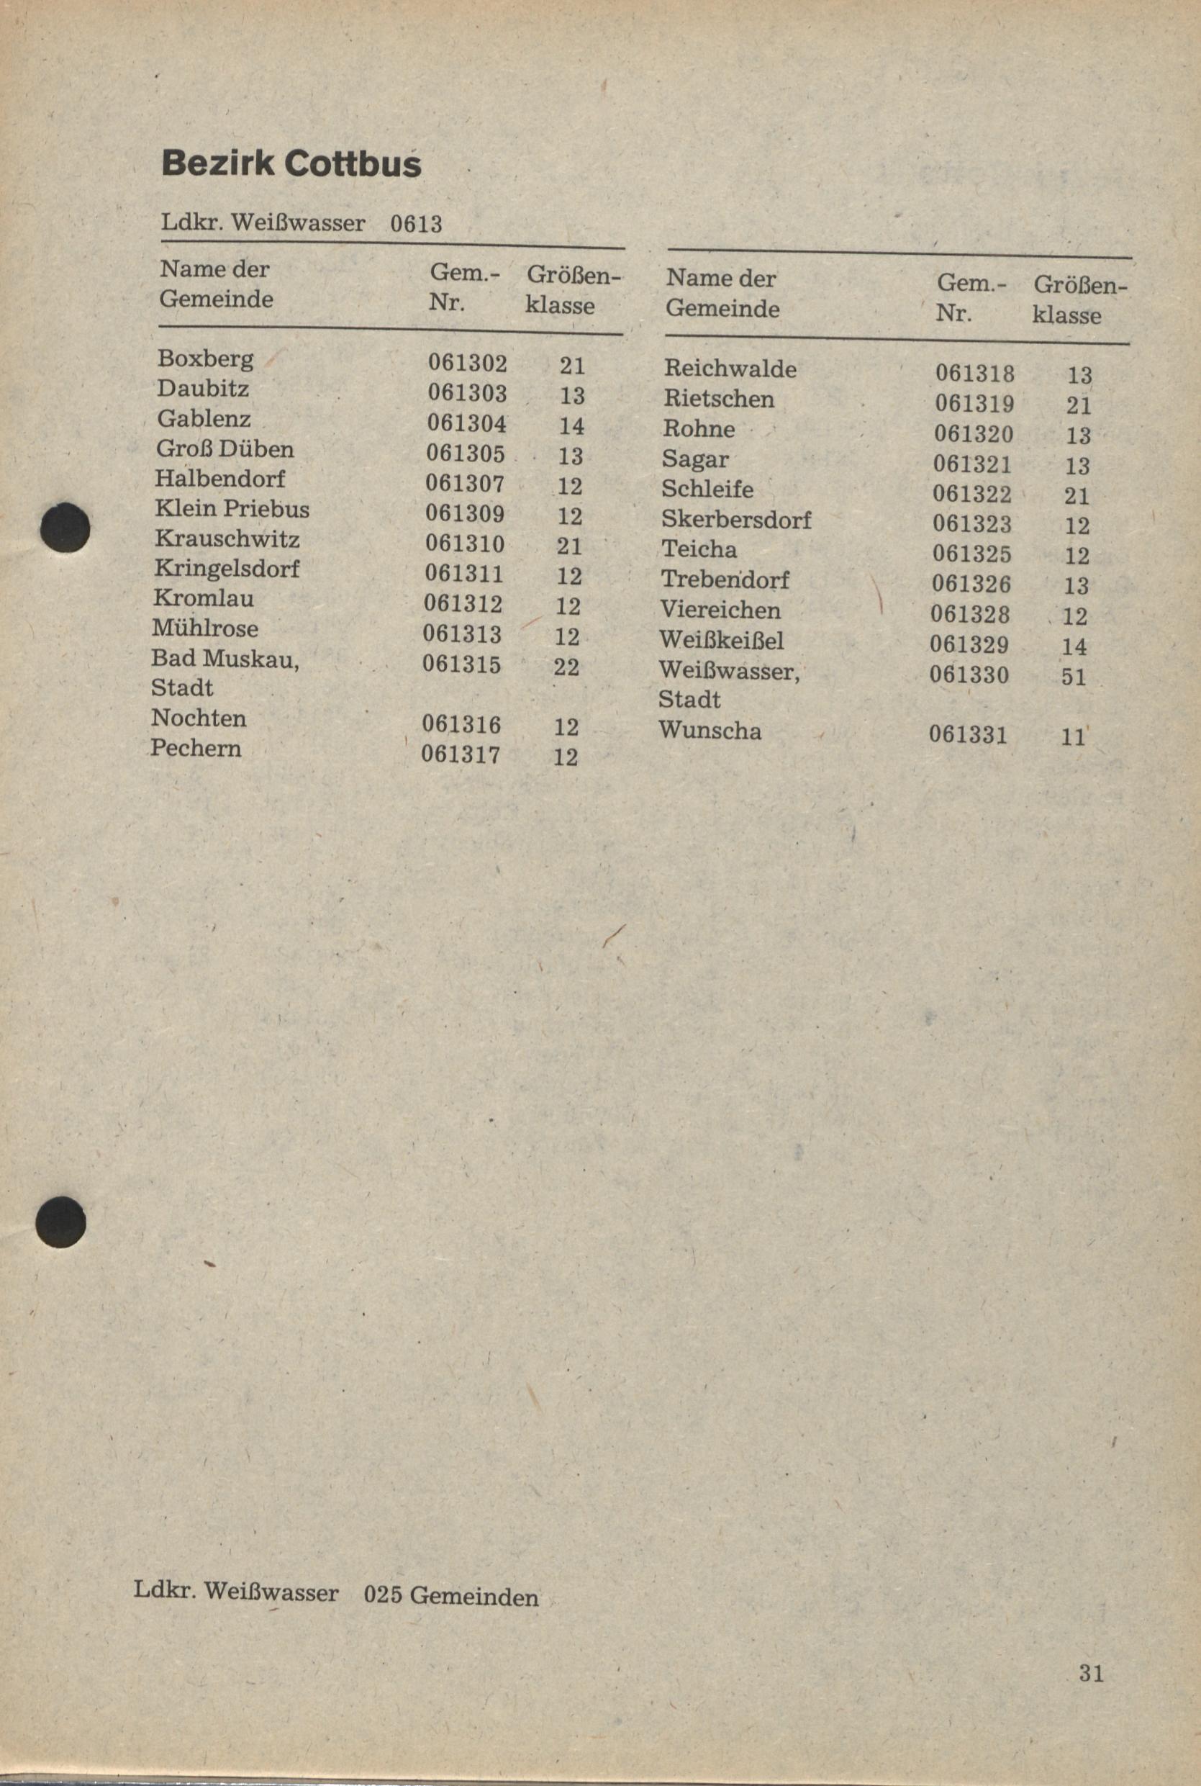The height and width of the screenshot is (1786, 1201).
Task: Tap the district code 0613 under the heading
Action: [416, 224]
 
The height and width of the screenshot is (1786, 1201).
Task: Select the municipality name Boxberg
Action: [205, 358]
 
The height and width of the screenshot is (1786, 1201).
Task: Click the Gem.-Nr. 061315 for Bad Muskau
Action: [462, 664]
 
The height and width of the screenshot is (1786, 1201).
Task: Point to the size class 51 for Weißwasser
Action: [1073, 677]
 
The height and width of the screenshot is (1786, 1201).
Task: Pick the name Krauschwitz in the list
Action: [227, 538]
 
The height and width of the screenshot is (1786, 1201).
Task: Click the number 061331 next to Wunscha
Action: [967, 735]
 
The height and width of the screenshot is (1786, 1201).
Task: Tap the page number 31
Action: [1092, 1674]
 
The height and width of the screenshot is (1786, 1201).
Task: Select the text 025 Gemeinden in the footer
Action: [451, 1597]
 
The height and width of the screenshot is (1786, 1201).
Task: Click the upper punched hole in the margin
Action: [64, 527]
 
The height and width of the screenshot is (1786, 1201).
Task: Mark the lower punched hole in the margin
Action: [61, 1222]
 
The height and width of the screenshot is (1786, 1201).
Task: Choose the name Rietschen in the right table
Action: [718, 400]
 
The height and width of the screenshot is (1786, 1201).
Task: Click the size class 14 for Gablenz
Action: [571, 426]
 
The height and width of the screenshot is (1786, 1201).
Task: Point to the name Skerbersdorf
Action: [736, 520]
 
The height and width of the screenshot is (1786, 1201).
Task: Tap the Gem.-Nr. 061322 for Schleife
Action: [971, 495]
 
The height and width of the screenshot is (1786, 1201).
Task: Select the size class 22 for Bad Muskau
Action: [567, 667]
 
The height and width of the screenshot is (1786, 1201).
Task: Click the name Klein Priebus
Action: [232, 509]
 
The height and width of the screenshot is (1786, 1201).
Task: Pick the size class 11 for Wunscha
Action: [1073, 737]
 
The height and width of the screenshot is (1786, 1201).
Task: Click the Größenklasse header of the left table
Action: [571, 291]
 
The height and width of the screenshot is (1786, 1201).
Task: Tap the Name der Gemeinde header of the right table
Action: [722, 294]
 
